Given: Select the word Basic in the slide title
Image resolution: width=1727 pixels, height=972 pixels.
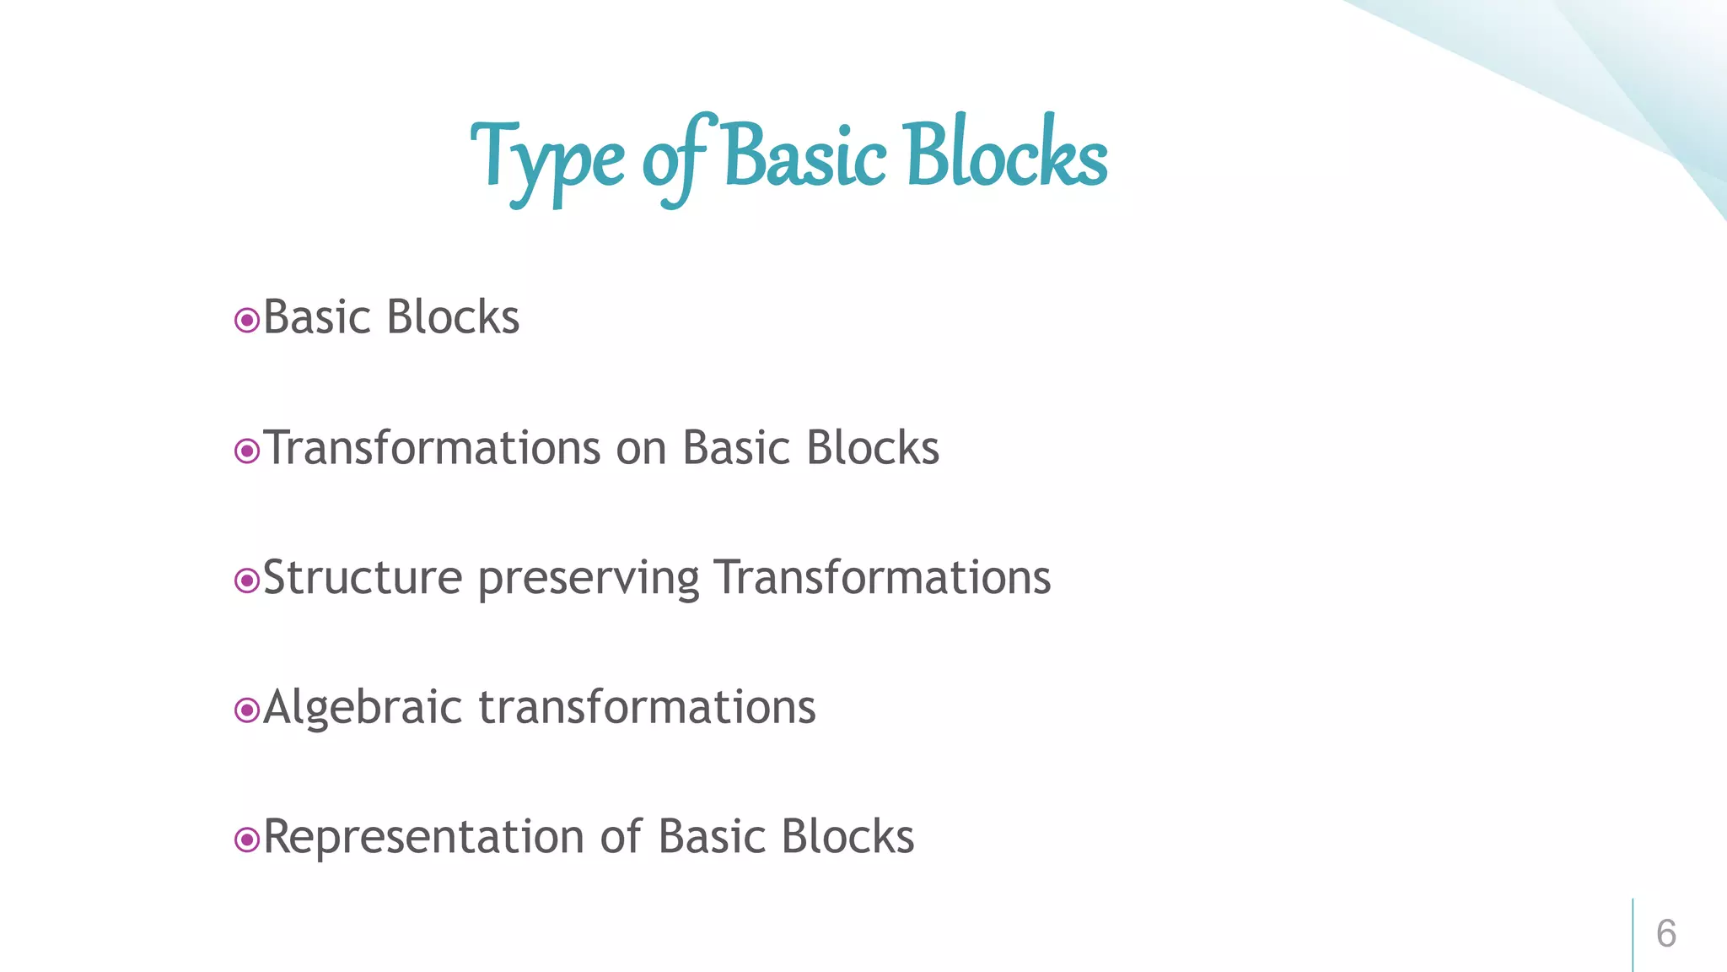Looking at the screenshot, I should (x=804, y=157).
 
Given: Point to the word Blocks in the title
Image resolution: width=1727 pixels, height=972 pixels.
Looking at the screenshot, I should (x=1007, y=155).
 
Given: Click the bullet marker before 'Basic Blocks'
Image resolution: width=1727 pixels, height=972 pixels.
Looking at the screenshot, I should (x=246, y=321).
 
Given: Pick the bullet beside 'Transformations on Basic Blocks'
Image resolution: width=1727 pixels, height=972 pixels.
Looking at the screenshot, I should (x=246, y=451).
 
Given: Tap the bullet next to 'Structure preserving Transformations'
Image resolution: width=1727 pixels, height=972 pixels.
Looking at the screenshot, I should (x=246, y=580).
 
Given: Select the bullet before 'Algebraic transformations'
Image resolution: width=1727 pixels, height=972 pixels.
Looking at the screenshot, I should (x=246, y=710).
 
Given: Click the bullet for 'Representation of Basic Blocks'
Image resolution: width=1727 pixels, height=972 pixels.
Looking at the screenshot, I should (x=246, y=840).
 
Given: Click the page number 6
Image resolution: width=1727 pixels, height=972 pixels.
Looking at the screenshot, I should (x=1665, y=934).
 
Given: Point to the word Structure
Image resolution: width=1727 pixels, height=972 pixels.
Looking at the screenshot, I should (x=363, y=579).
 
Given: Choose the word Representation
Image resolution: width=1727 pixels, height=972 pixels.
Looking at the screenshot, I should (x=423, y=838).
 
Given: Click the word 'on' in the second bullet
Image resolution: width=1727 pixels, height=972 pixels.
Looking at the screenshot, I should (x=641, y=450).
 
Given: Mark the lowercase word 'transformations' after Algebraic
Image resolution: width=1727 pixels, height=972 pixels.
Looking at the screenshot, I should (x=647, y=707).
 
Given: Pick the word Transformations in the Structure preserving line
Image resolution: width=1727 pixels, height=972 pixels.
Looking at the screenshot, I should (x=882, y=578).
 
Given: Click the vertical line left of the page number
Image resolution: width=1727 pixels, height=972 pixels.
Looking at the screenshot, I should (x=1633, y=934).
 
